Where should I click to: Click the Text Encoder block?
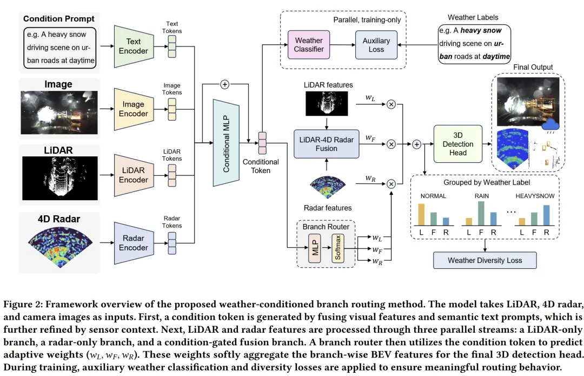pos(133,47)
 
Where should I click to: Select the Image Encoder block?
pos(133,109)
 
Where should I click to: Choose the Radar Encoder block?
pos(133,243)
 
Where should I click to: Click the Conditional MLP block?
pos(226,143)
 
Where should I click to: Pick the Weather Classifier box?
pos(309,44)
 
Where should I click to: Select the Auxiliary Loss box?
pos(376,44)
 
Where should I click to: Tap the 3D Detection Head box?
pos(457,144)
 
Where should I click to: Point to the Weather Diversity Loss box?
pos(485,260)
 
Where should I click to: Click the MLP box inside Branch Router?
pos(315,249)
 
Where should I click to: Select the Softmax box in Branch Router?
pos(338,249)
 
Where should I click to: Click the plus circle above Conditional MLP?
pos(225,84)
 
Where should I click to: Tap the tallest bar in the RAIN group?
pos(480,213)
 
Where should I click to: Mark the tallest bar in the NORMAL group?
pos(422,214)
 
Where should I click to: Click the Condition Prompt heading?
pos(59,19)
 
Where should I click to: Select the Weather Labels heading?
pos(473,18)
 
